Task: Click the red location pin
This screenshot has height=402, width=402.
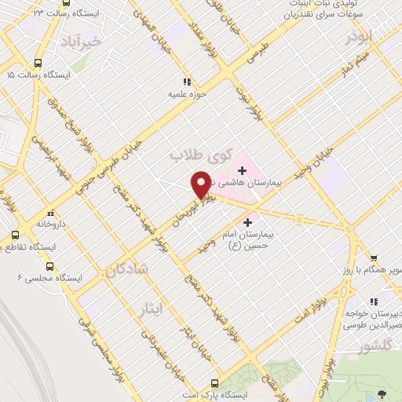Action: pos(201,184)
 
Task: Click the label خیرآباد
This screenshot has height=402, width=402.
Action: pos(85,40)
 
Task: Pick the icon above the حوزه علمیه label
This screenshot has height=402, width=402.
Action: pos(186,82)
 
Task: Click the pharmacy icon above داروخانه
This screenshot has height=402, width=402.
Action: pos(50,212)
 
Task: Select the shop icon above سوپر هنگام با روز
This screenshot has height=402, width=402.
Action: pos(373,258)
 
